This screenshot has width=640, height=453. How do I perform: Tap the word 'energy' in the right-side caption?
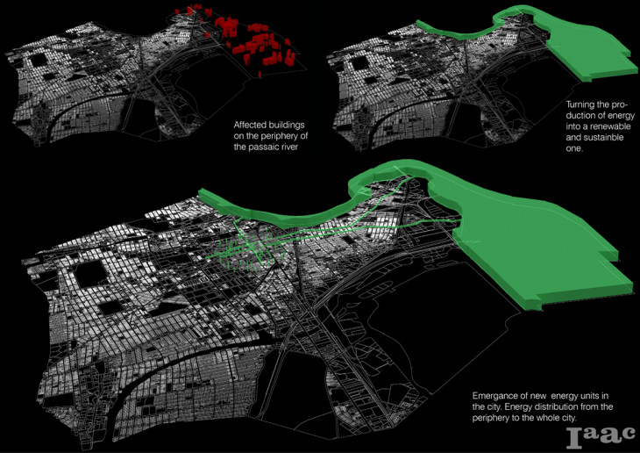point(617,116)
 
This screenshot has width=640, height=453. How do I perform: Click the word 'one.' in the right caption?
point(578,150)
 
